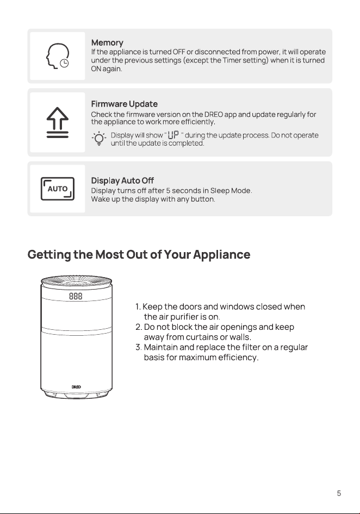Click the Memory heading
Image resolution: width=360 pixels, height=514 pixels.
click(x=107, y=43)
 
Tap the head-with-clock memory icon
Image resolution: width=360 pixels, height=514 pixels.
click(x=58, y=56)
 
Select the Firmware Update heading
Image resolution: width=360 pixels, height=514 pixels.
click(x=125, y=104)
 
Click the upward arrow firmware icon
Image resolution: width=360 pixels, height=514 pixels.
click(x=58, y=122)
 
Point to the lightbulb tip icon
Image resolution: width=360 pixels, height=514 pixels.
click(x=99, y=139)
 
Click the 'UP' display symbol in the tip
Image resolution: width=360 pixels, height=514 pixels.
click(x=173, y=135)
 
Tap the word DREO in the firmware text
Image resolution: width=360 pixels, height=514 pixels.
click(x=214, y=115)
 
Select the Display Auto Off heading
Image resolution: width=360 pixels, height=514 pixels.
click(x=122, y=180)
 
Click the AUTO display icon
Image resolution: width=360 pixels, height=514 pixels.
click(x=58, y=189)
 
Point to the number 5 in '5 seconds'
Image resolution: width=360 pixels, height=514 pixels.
click(x=168, y=191)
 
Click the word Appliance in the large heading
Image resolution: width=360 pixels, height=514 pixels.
click(x=221, y=255)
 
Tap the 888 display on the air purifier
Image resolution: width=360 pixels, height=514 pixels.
click(x=76, y=296)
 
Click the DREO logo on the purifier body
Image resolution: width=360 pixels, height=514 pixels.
click(x=76, y=387)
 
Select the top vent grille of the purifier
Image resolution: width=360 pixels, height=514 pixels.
click(x=77, y=281)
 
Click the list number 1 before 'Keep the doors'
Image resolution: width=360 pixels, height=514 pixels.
click(x=138, y=307)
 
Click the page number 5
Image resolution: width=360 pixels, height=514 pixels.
click(x=339, y=493)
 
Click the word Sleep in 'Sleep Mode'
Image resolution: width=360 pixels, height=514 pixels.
click(x=220, y=191)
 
